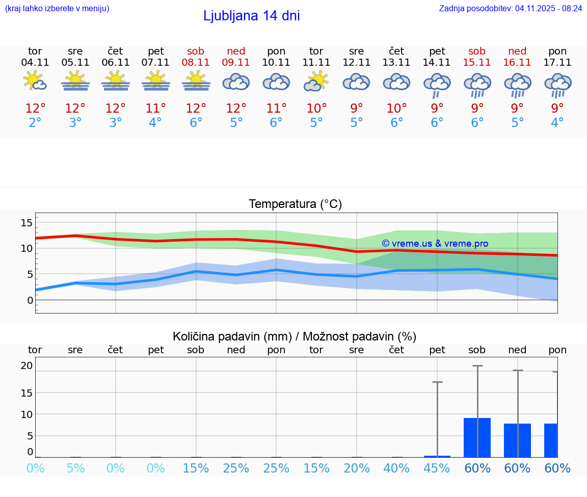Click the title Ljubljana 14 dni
[251, 16]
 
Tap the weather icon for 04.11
[35, 81]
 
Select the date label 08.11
[196, 63]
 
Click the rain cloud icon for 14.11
[437, 84]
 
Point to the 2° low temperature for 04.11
[35, 123]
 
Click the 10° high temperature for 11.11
[316, 109]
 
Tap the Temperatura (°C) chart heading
[295, 204]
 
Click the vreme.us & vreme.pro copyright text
[435, 244]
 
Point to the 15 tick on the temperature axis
[26, 222]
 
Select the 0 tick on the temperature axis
[30, 300]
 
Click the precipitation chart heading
[295, 336]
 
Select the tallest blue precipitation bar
[477, 437]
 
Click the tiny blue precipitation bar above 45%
[437, 456]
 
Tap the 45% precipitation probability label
[437, 468]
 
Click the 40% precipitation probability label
[396, 468]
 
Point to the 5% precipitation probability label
[75, 468]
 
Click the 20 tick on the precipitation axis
[26, 365]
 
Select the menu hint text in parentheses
[57, 8]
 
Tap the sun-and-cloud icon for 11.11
[316, 81]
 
